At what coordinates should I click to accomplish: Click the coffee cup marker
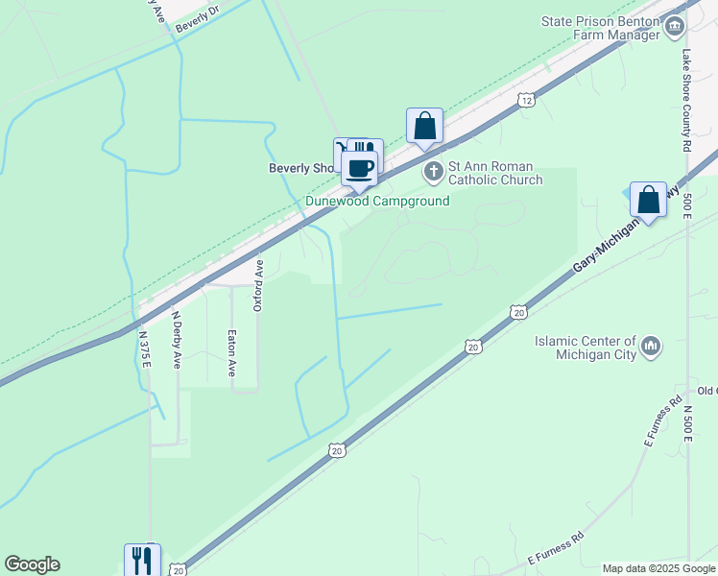click(360, 168)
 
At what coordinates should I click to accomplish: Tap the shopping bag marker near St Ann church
click(424, 126)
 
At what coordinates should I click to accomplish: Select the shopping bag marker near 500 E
click(649, 200)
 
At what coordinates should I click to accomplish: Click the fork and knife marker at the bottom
click(142, 561)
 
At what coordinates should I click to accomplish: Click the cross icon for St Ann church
click(433, 173)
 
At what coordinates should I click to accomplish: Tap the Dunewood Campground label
click(377, 202)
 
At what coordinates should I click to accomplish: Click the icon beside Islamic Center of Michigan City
click(651, 346)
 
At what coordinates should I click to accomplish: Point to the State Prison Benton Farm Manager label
click(601, 28)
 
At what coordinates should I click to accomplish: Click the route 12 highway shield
click(524, 99)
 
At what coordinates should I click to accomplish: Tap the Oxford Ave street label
click(258, 285)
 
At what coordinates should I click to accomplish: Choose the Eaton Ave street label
click(231, 352)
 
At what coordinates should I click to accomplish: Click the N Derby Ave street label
click(177, 340)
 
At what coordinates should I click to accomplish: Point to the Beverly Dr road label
click(198, 19)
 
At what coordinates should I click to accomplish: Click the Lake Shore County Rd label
click(686, 101)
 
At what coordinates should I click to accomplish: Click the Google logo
click(32, 564)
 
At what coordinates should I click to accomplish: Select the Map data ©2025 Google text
click(659, 568)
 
